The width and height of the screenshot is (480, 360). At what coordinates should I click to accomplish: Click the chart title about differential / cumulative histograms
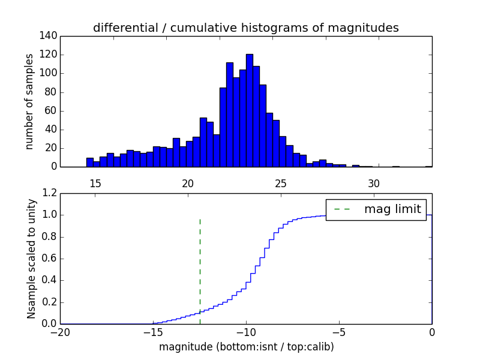245,28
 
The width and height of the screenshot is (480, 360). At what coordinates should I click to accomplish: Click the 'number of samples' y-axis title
29,101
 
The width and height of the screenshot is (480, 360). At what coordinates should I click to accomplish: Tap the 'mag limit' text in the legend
392,209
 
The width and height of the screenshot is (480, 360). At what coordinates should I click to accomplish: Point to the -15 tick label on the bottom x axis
153,333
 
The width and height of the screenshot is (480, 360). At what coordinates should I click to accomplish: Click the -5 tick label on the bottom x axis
338,333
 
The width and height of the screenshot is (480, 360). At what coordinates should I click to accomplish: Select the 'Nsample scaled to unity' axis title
32,259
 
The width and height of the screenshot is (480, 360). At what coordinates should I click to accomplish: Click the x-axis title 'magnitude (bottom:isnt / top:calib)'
246,347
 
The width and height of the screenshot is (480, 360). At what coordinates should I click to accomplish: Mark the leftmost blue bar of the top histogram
90,162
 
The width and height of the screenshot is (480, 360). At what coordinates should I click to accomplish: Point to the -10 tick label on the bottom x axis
245,333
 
